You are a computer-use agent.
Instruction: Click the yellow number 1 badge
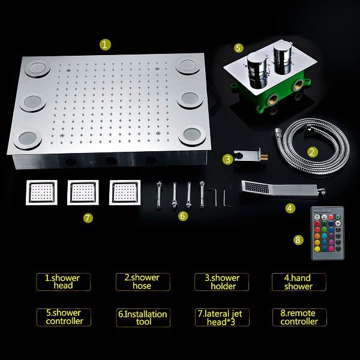click(x=105, y=44)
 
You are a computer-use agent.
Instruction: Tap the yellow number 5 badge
click(x=239, y=47)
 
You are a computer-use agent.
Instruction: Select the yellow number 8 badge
click(x=299, y=239)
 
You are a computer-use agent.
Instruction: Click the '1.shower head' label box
click(x=62, y=282)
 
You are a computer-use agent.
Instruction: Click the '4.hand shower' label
click(x=298, y=282)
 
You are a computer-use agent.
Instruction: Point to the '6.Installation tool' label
click(x=142, y=317)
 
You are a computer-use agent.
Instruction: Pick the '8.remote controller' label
click(x=299, y=317)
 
